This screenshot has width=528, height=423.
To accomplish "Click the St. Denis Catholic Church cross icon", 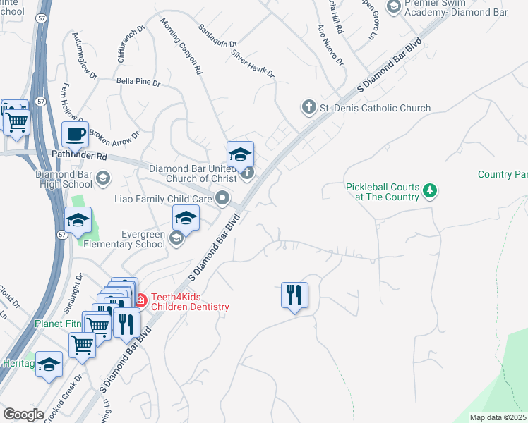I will pos(308,108).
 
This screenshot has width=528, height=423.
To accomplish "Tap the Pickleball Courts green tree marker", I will pos(429,190).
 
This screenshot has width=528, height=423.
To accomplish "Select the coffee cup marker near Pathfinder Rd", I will pos(75,134).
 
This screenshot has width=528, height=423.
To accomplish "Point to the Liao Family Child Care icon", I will pos(223,199).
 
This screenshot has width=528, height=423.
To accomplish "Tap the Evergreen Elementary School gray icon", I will pos(176,239).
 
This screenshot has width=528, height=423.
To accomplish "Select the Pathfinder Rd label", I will pos(79,154).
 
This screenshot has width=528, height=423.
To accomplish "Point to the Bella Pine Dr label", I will pos(138,82).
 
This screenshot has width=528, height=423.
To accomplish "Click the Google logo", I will pos(23,414).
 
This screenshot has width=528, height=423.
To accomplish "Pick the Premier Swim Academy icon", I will pos(394,6).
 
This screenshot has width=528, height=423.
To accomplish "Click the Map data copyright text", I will pos(498,417).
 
